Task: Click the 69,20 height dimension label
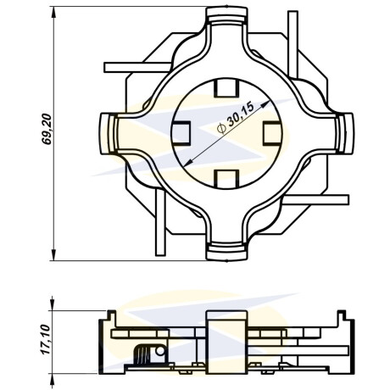point(47,129)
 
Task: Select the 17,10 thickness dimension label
point(45,339)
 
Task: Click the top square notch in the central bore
point(226,87)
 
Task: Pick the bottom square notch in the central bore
point(226,180)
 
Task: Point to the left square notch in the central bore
point(181,133)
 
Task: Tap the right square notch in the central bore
point(272,133)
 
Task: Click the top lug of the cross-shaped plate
point(226,15)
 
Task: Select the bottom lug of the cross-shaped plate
point(226,252)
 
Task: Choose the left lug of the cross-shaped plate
point(109,133)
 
